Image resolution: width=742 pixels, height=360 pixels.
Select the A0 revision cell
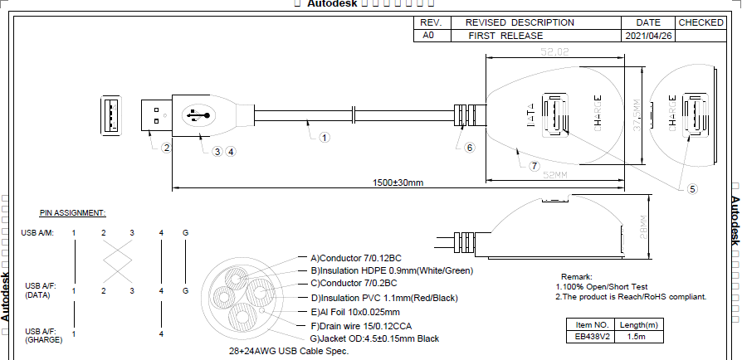tap(428, 36)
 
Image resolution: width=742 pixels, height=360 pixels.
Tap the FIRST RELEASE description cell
tap(505, 36)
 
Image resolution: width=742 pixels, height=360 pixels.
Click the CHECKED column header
tap(701, 22)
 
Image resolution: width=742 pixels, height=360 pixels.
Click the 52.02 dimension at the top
tap(555, 51)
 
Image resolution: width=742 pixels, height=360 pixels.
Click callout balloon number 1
tap(325, 138)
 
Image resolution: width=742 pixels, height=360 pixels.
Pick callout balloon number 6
tap(469, 148)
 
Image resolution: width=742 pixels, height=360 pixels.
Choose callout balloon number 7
tap(535, 165)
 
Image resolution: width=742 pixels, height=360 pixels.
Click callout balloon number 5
tap(692, 188)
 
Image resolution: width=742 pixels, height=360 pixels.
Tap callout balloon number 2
tap(167, 148)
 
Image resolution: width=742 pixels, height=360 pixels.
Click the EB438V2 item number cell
tap(592, 337)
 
